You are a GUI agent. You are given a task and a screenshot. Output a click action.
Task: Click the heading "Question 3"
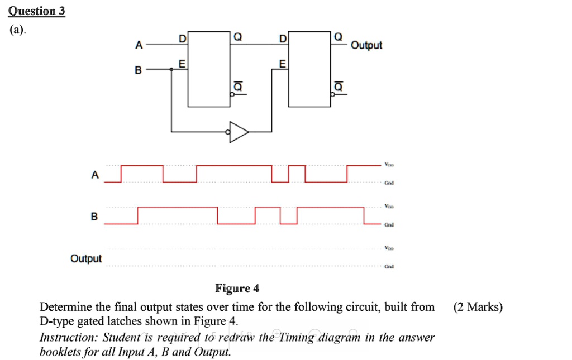point(37,11)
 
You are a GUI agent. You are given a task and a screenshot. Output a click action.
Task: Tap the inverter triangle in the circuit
point(240,132)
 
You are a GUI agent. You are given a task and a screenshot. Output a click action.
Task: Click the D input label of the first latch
point(182,38)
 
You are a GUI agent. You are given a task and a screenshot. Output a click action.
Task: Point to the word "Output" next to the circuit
point(366,45)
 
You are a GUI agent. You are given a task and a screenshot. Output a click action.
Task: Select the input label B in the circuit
point(139,70)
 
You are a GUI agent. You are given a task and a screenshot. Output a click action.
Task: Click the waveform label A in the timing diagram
point(94,175)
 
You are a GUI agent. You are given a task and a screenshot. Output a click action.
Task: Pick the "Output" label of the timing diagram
point(86,258)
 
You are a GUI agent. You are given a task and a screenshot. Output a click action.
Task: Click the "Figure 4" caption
point(237,289)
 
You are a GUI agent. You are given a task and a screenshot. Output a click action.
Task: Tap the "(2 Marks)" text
point(478,307)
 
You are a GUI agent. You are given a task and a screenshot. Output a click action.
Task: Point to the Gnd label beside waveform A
point(389,183)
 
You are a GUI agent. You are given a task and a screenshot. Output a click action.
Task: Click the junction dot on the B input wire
point(171,70)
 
